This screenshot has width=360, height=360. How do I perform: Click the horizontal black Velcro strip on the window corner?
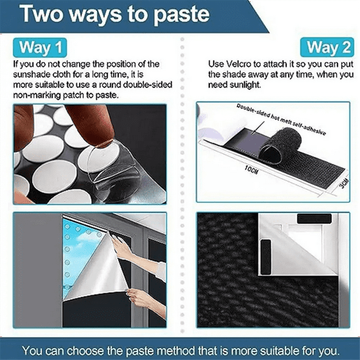coord(314,219)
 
